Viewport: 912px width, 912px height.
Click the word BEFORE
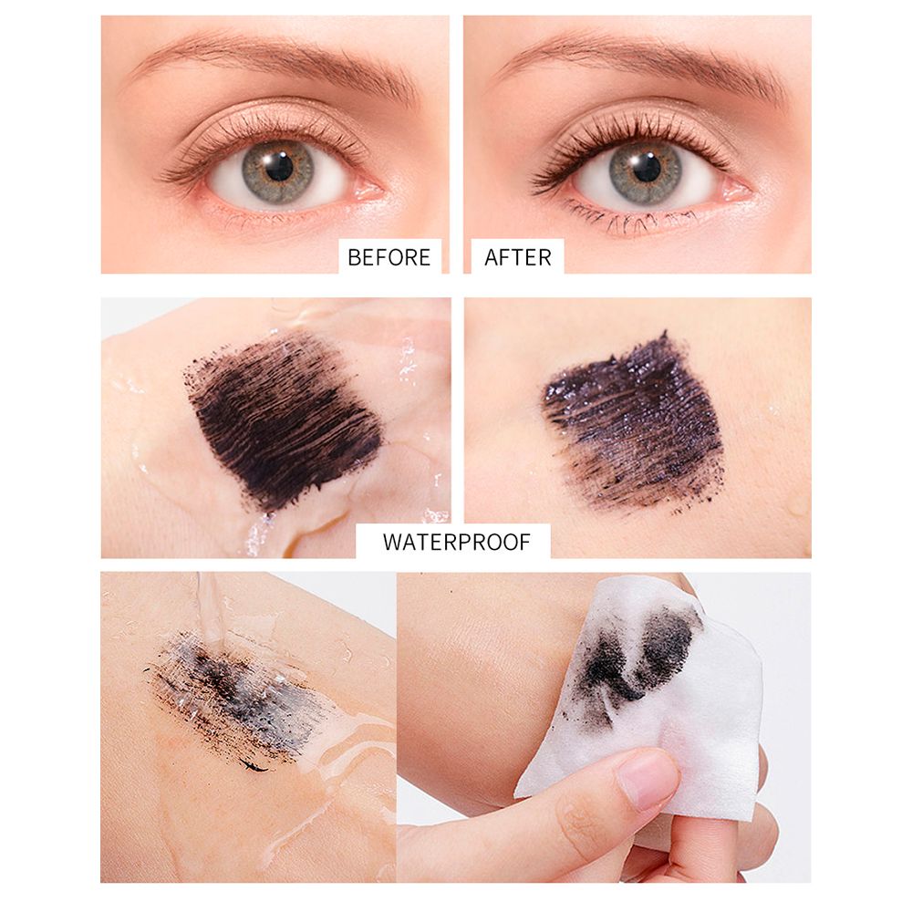389,257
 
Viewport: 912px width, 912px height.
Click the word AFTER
518,257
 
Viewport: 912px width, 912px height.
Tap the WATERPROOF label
457,542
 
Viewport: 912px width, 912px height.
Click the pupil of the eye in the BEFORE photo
279,168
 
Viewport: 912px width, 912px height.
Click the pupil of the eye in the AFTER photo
647,168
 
